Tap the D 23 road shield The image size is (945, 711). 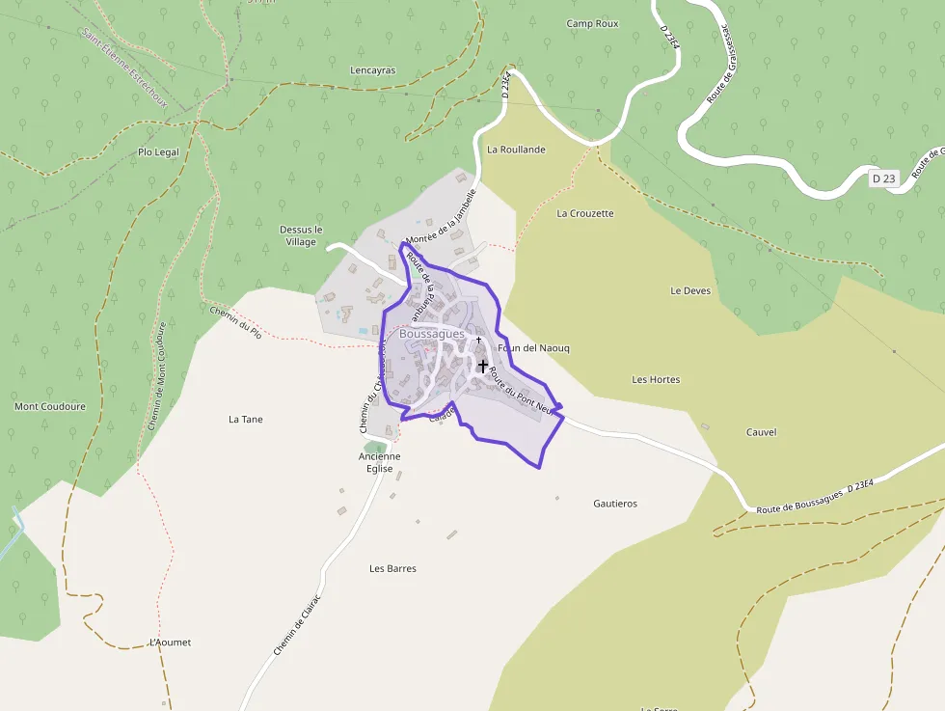click(883, 178)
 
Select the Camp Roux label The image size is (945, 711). click(592, 23)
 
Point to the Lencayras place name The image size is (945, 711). click(372, 70)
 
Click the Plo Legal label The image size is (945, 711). click(158, 151)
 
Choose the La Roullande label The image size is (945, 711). click(516, 150)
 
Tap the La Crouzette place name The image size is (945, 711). click(584, 213)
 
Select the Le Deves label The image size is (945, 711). click(689, 290)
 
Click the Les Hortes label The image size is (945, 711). click(656, 379)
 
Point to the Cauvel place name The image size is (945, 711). click(761, 432)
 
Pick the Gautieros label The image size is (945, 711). click(614, 504)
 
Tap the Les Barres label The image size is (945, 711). click(392, 568)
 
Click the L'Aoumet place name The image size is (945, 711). click(171, 643)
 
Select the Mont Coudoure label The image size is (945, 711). click(50, 406)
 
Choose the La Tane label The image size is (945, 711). click(245, 420)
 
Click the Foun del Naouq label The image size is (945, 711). click(533, 347)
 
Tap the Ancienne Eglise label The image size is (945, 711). click(379, 462)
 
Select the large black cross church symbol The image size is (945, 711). click(482, 366)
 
